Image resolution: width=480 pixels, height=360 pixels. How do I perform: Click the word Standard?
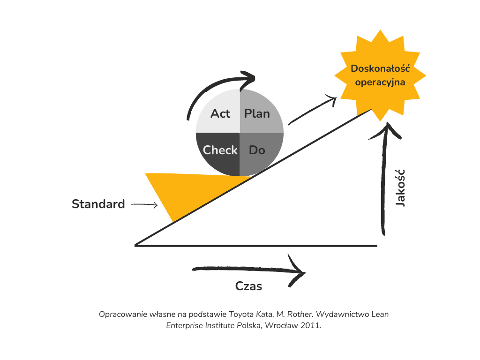[98, 204]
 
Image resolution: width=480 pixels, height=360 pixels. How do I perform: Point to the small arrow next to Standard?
[145, 204]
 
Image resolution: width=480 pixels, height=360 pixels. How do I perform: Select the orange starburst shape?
[380, 75]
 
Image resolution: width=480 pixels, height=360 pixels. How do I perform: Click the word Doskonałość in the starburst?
[380, 69]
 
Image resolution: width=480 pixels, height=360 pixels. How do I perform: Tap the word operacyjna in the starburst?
[380, 82]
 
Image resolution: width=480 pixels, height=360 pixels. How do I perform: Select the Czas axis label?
[248, 286]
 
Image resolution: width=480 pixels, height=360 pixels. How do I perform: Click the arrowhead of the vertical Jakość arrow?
[386, 129]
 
